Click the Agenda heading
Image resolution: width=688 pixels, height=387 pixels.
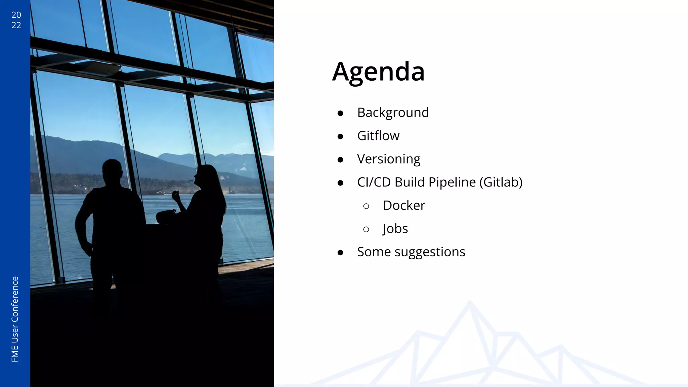378,72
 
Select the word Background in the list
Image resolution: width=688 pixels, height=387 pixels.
393,113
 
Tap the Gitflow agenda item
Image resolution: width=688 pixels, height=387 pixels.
378,136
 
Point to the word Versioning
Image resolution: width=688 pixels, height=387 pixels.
389,159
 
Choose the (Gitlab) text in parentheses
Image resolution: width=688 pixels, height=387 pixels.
501,182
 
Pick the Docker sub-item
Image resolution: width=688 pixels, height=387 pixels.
404,205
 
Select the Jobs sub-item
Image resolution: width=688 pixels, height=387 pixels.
395,229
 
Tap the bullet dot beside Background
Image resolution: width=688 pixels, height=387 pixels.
340,114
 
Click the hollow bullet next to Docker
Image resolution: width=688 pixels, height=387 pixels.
366,206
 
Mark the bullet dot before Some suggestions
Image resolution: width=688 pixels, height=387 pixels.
340,253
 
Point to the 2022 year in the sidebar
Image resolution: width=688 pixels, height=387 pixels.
16,20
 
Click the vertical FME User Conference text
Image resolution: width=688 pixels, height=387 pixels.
15,319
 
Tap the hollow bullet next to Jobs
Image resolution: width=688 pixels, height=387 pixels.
366,229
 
